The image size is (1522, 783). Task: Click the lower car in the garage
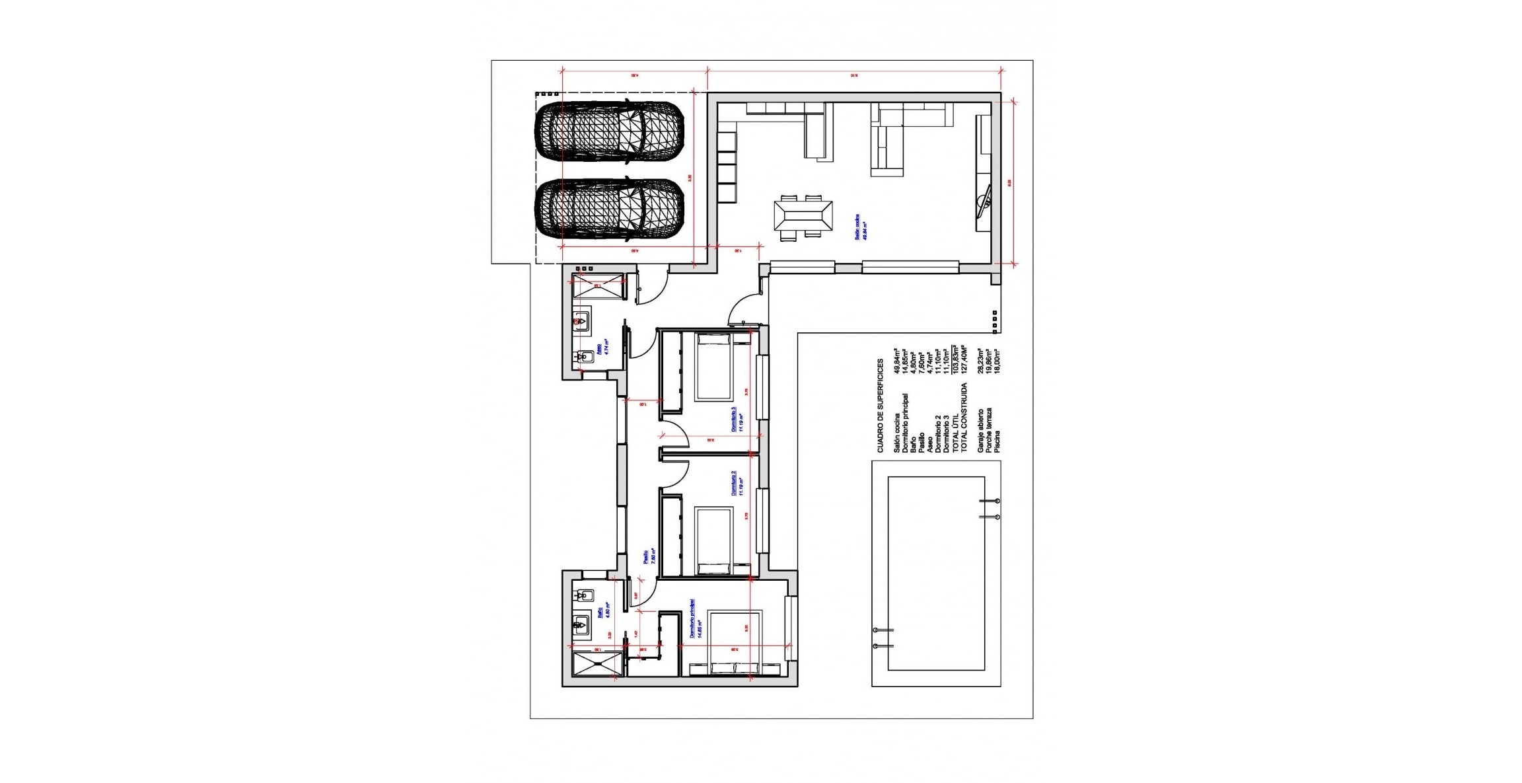pos(609,209)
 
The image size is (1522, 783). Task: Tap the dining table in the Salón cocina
pos(803,215)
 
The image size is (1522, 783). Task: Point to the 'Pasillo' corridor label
pos(649,557)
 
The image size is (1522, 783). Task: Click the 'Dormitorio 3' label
pos(737,420)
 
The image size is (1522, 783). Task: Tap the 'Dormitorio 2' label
pos(737,484)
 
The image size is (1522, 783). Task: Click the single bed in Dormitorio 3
pos(713,367)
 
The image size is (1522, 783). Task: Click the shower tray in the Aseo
pos(598,286)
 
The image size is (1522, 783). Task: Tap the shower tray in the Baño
pos(598,663)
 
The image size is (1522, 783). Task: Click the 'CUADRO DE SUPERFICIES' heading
pos(880,406)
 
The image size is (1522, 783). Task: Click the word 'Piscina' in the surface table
pos(997,441)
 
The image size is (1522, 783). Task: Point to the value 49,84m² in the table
pos(896,361)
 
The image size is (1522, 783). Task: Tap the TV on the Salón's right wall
pos(984,202)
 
